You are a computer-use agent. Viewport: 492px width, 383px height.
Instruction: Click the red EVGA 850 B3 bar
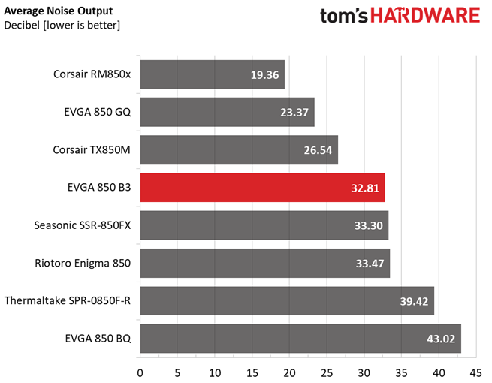click(x=262, y=188)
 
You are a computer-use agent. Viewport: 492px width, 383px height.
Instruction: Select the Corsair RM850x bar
click(x=212, y=74)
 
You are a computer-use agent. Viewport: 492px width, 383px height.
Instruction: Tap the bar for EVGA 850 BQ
click(x=300, y=338)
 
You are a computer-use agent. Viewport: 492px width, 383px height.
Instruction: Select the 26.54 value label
click(x=319, y=150)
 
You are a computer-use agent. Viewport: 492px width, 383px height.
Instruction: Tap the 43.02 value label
click(x=442, y=339)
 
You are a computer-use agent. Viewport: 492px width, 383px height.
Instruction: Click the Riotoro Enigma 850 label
click(x=83, y=263)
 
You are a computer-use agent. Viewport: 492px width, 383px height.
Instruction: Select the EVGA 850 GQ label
click(x=98, y=112)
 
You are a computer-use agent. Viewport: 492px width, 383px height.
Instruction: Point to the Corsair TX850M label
click(x=92, y=149)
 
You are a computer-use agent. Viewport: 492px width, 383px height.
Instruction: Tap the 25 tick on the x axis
click(x=327, y=371)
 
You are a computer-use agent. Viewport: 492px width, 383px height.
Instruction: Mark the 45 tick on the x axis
click(x=475, y=371)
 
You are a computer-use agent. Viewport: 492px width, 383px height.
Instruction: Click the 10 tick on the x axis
click(x=215, y=371)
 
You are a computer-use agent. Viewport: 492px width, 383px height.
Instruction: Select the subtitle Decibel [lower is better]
click(x=62, y=26)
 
